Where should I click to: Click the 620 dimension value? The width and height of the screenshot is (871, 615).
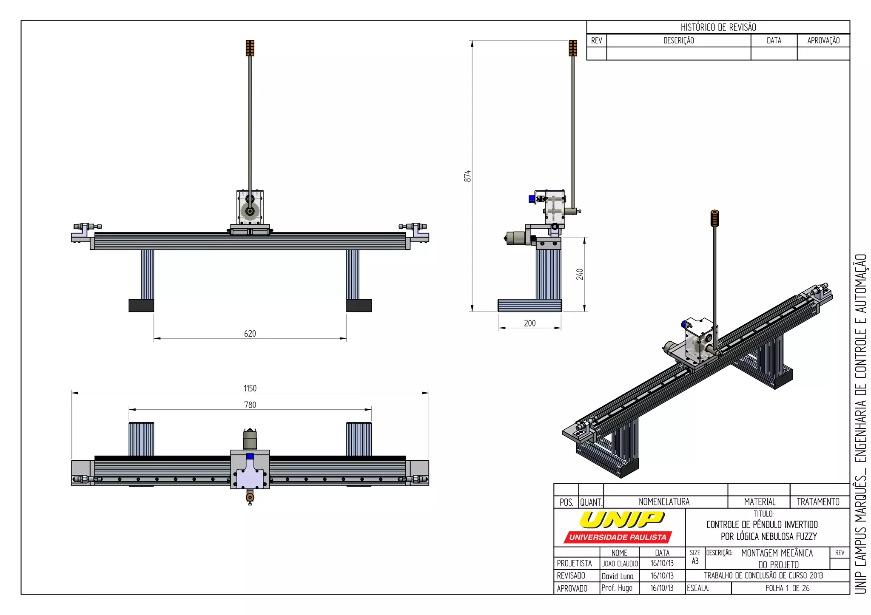pyautogui.click(x=250, y=334)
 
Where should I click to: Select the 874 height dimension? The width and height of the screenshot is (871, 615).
pyautogui.click(x=467, y=176)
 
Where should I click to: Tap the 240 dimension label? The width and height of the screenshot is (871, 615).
pyautogui.click(x=580, y=274)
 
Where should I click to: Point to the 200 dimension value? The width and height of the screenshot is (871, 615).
pyautogui.click(x=530, y=323)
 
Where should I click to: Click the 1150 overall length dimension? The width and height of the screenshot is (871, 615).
pyautogui.click(x=250, y=388)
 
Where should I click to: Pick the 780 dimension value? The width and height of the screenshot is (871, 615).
pyautogui.click(x=250, y=405)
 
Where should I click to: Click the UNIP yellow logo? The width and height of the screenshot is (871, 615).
pyautogui.click(x=622, y=519)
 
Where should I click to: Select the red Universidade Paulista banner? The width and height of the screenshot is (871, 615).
pyautogui.click(x=618, y=537)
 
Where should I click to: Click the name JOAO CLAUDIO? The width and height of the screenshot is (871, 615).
pyautogui.click(x=620, y=564)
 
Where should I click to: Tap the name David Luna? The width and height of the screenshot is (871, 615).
pyautogui.click(x=618, y=576)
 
